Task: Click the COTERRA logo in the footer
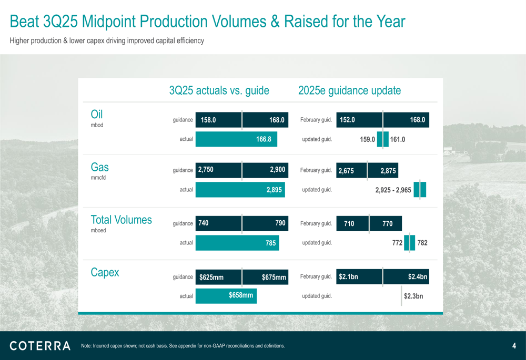click(40, 345)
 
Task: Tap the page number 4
click(513, 346)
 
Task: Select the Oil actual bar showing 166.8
click(236, 139)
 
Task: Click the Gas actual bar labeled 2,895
click(240, 190)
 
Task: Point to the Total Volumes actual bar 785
click(237, 243)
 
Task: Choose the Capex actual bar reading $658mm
click(226, 295)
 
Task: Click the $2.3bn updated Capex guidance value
click(413, 296)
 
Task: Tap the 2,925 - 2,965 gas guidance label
click(393, 190)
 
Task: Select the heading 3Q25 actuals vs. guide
click(219, 90)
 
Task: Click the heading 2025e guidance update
click(349, 90)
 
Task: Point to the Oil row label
click(97, 115)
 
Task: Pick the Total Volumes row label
click(121, 220)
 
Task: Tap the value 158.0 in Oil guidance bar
click(208, 120)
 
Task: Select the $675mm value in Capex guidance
click(274, 277)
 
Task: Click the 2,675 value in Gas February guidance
click(346, 171)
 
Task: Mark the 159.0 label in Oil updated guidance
click(367, 140)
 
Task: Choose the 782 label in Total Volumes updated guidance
click(422, 243)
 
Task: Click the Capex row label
click(105, 272)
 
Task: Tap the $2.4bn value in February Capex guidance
click(417, 276)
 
